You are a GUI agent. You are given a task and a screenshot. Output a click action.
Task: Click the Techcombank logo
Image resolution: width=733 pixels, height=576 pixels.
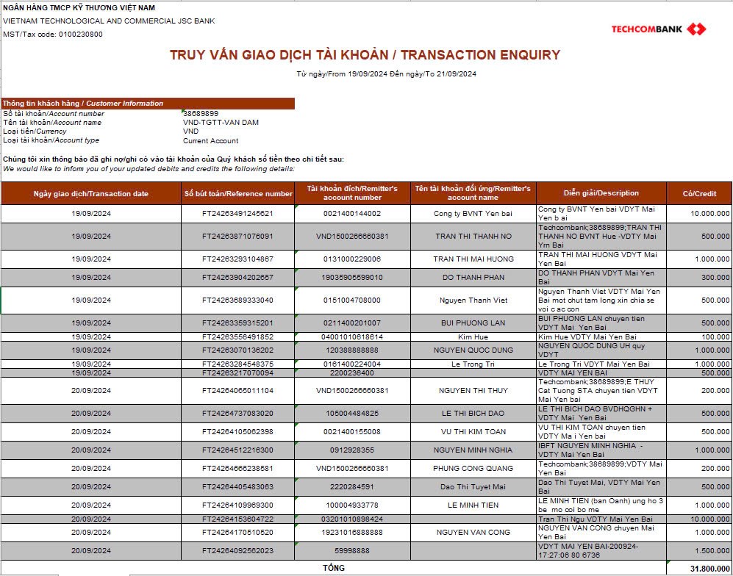[659, 29]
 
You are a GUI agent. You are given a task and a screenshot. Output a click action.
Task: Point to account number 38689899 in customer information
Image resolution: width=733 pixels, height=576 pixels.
[201, 114]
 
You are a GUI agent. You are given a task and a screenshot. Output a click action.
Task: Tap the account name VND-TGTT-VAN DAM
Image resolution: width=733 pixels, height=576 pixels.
[221, 123]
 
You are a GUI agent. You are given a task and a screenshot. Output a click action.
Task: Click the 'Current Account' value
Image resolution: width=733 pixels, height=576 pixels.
[210, 140]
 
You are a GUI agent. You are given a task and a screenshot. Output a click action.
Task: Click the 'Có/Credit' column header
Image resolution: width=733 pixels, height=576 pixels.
[699, 193]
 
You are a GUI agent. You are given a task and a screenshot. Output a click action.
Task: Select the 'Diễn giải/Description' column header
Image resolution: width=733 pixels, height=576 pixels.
[601, 193]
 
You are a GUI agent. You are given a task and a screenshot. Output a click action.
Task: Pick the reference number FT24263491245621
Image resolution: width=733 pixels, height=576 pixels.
[237, 214]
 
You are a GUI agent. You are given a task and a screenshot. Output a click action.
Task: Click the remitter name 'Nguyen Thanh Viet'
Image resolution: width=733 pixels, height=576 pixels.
[473, 300]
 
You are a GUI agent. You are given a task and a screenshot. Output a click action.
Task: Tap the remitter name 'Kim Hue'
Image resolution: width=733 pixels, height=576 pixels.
[473, 336]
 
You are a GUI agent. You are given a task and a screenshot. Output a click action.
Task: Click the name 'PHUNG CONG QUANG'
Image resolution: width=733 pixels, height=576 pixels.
[473, 468]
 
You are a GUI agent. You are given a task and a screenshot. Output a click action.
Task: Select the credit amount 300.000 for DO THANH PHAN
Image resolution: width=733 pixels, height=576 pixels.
[715, 278]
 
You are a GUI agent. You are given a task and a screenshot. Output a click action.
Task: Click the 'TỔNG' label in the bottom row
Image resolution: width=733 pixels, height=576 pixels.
[334, 568]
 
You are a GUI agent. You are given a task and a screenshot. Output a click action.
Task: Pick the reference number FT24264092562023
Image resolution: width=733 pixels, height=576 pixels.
[237, 550]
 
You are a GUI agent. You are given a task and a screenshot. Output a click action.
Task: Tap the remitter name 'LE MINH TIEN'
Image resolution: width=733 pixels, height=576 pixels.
[473, 505]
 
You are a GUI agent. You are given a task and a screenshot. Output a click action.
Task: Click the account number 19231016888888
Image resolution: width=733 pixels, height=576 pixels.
[352, 532]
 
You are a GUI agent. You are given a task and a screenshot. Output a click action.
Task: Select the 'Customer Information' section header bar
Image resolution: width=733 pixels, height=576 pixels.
[147, 104]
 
